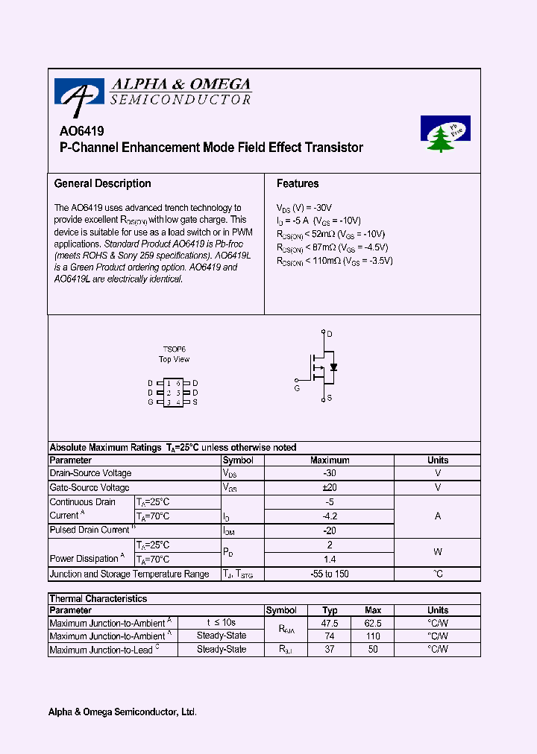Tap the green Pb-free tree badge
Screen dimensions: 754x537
tap(445, 133)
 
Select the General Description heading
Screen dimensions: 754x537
tap(102, 183)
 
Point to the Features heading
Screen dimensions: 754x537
tap(298, 183)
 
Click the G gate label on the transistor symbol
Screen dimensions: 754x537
tap(296, 387)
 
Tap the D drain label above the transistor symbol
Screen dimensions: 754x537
tap(330, 333)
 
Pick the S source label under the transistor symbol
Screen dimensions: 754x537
tap(330, 399)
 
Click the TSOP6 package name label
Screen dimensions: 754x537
tap(174, 349)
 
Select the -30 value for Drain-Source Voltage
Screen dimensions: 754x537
tap(329, 473)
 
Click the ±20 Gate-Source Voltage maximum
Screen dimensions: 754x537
tap(329, 487)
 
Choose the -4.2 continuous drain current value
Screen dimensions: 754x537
tap(329, 516)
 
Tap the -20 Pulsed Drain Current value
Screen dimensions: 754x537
tap(329, 530)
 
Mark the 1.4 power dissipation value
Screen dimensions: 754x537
tap(329, 559)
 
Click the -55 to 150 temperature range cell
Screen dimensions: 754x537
tap(329, 574)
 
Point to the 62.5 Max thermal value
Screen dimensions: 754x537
tap(373, 623)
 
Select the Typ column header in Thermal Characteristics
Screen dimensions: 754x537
tap(330, 610)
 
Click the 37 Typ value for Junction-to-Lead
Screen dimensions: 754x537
tap(330, 650)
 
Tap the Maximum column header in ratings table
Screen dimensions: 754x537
tap(329, 460)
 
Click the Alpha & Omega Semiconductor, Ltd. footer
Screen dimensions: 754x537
tap(122, 712)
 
